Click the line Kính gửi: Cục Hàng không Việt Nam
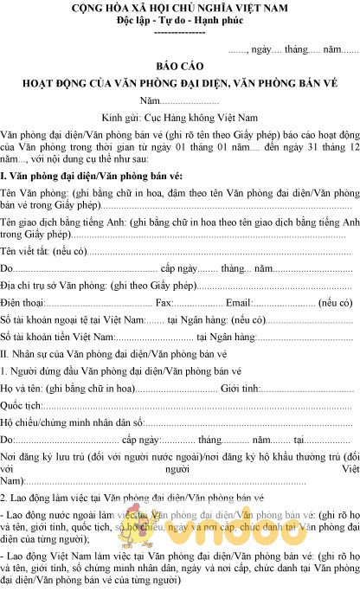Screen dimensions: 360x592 tap(179, 119)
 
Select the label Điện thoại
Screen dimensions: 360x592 tap(22, 303)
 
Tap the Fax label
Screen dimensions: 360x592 tap(164, 303)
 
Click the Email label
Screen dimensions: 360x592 tap(238, 303)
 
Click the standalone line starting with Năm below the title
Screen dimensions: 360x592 tap(179, 101)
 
